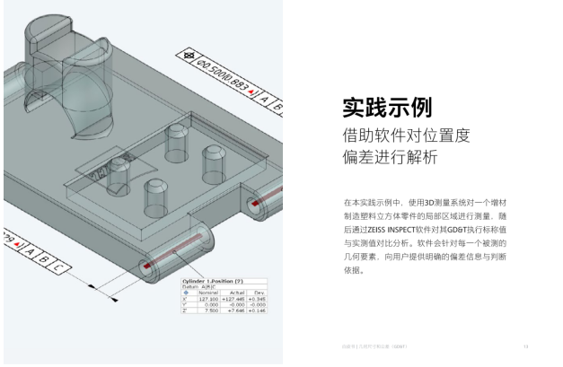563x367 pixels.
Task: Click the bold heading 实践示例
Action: point(387,108)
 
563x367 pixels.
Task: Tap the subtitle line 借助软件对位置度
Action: point(407,136)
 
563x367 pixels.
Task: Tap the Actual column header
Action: point(237,293)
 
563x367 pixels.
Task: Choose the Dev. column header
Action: point(260,293)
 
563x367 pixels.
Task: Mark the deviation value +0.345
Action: point(260,299)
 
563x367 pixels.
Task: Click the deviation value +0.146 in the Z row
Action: point(260,310)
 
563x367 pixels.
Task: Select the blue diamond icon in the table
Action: point(186,293)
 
